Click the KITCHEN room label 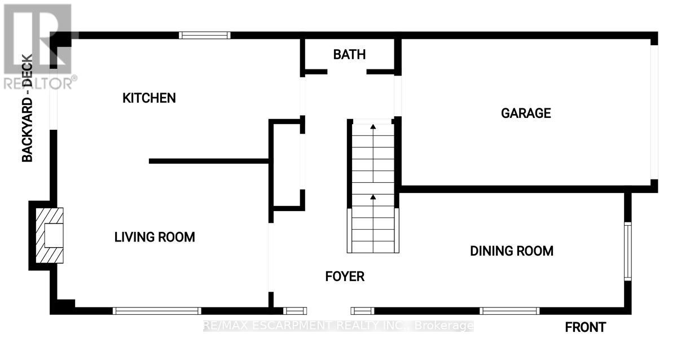tap(149, 98)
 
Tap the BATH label tap(349, 55)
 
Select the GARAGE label tap(526, 113)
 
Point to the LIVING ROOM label tap(155, 238)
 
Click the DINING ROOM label tap(512, 251)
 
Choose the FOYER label tap(345, 276)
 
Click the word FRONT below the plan tap(586, 327)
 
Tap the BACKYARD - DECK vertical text tap(27, 108)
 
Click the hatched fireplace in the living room tap(50, 235)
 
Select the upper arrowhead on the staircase tap(373, 126)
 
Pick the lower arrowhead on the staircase tap(373, 197)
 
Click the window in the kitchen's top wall tap(205, 36)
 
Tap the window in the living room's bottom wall tap(157, 311)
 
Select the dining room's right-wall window tap(628, 252)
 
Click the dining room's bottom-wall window tap(509, 311)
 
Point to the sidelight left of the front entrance tap(295, 311)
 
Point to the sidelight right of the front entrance tap(362, 311)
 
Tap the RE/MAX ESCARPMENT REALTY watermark tap(338, 326)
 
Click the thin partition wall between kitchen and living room tap(209, 161)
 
